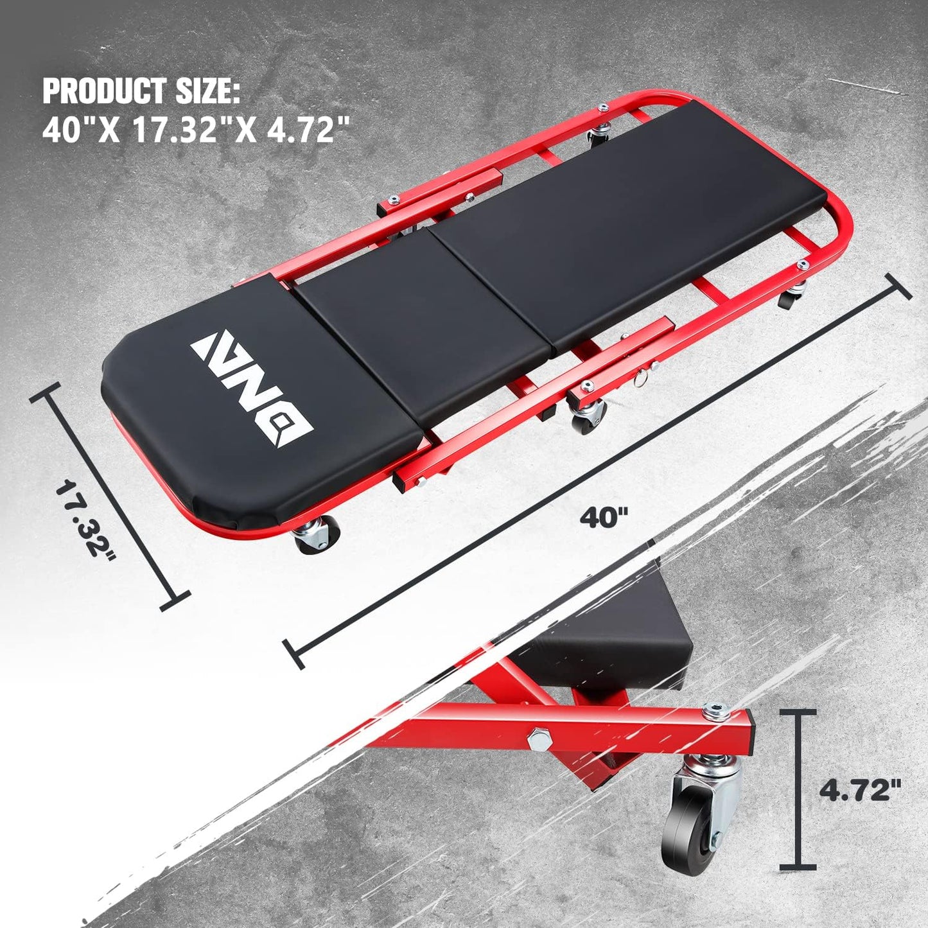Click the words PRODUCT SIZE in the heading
pos(141,91)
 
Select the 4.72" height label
pos(859,789)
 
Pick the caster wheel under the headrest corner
pos(315,535)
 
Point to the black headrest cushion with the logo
pos(257,411)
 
